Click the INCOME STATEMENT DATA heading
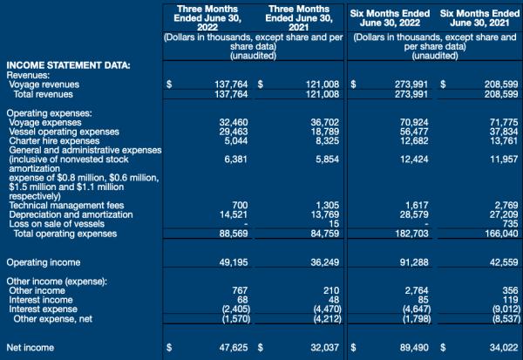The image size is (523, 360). click(68, 65)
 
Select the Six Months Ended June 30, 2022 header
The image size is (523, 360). click(390, 18)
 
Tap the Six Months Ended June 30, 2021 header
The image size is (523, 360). click(479, 18)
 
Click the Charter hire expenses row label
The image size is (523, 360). click(54, 141)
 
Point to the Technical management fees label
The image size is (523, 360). click(66, 205)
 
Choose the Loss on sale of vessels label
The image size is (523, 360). click(57, 223)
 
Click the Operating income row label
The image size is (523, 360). click(44, 262)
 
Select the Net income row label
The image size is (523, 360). click(30, 348)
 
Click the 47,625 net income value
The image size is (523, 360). click(234, 348)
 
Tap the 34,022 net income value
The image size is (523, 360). click(504, 348)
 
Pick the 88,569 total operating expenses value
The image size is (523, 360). click(234, 234)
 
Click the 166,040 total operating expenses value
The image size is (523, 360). click(502, 234)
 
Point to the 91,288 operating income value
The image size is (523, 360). click(414, 262)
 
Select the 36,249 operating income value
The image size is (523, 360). click(325, 262)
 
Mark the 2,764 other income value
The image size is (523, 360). click(417, 290)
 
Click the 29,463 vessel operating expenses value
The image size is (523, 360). click(234, 132)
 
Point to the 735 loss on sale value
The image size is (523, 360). click(510, 223)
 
